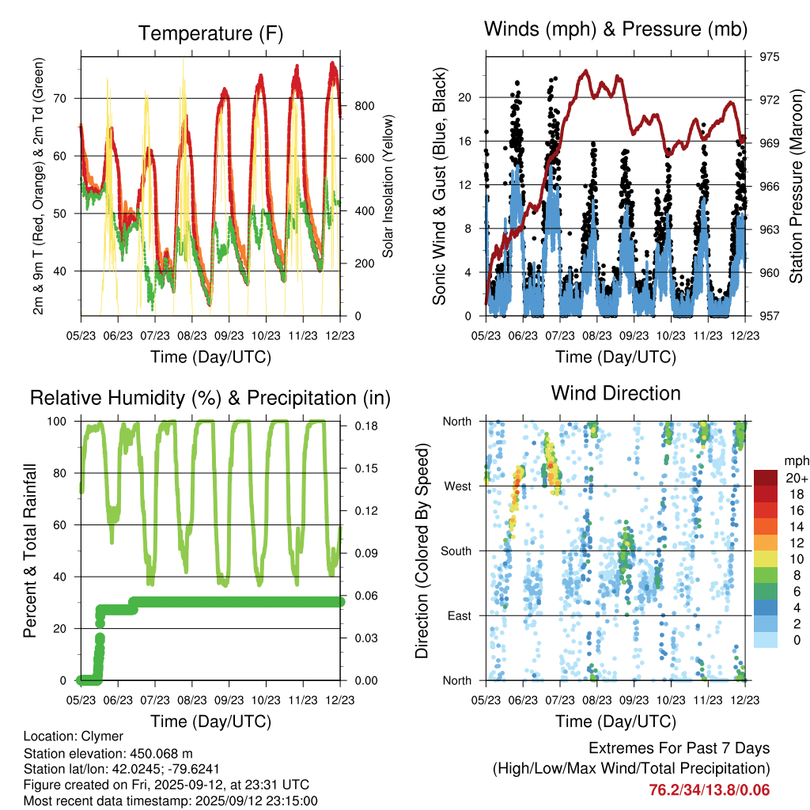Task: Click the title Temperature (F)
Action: click(x=210, y=33)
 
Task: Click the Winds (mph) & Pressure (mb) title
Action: click(x=615, y=29)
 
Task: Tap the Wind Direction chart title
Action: click(x=615, y=392)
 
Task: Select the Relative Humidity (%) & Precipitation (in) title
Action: click(x=210, y=397)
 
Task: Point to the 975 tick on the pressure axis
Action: click(x=769, y=57)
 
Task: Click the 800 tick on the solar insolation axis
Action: click(x=364, y=106)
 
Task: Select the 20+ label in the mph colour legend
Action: click(x=795, y=479)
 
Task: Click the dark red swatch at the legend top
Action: click(x=766, y=478)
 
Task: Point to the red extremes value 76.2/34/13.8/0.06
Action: click(x=709, y=790)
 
